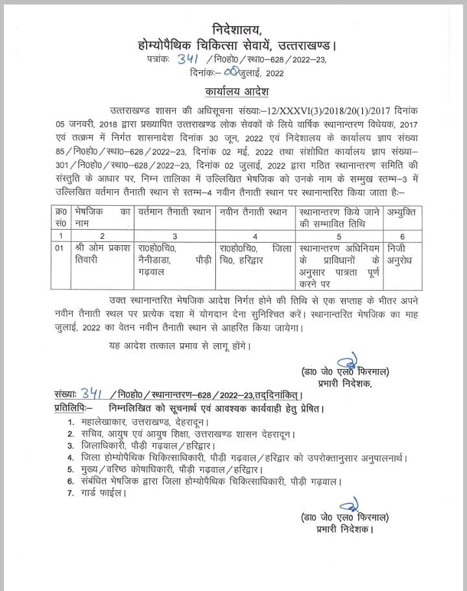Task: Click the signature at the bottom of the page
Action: point(352,504)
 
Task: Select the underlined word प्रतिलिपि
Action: point(73,409)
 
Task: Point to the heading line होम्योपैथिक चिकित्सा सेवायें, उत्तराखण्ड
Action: point(237,45)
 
